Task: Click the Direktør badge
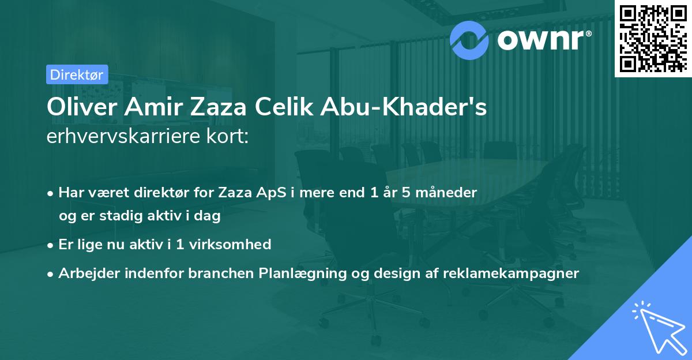click(77, 74)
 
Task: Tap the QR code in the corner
click(653, 39)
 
